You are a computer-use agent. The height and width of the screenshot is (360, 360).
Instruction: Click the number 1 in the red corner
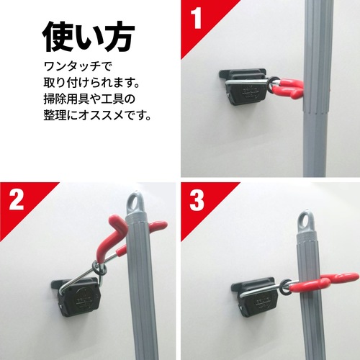tap(197, 18)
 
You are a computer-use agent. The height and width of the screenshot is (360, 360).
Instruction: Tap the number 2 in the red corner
tap(17, 199)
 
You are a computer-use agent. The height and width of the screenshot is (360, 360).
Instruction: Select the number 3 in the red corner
tap(197, 199)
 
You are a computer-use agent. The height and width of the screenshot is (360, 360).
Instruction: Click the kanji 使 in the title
tap(58, 37)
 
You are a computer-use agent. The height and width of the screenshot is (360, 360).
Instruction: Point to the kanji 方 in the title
tap(120, 37)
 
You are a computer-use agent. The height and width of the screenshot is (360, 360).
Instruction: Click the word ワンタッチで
tap(78, 66)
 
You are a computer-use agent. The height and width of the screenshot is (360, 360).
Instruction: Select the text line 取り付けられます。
tap(91, 83)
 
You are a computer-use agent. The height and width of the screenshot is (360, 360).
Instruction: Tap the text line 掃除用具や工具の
tap(89, 99)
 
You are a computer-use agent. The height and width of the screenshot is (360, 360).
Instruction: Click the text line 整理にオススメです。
tap(97, 115)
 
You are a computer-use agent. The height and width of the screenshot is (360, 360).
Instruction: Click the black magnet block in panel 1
tap(245, 87)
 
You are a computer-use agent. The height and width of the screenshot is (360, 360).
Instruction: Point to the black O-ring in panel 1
tap(274, 85)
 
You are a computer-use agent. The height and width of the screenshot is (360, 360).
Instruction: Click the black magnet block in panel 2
tap(77, 297)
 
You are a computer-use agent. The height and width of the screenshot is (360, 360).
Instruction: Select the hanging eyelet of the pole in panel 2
tap(135, 202)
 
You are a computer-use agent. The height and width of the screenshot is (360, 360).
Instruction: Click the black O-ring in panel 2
tap(99, 268)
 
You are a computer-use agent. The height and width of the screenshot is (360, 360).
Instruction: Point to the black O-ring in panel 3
tap(286, 287)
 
